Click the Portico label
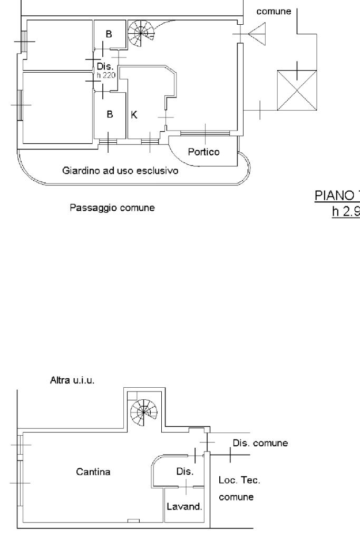tap(204, 152)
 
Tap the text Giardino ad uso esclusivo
tap(120, 171)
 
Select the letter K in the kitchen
tap(134, 115)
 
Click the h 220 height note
tap(102, 75)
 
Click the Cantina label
tap(93, 472)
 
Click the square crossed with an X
tap(297, 90)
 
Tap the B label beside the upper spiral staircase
tap(109, 35)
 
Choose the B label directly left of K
tap(110, 115)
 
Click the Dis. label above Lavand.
tap(185, 471)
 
